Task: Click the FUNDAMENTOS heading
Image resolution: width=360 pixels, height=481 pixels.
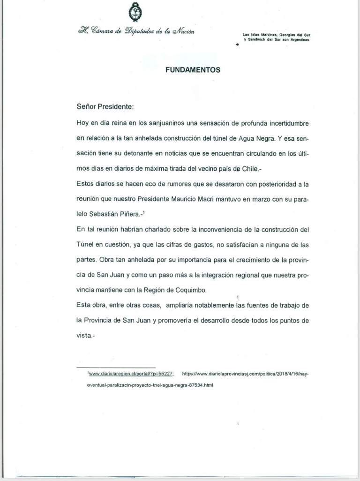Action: (193, 69)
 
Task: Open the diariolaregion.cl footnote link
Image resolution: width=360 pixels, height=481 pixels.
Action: (131, 374)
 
